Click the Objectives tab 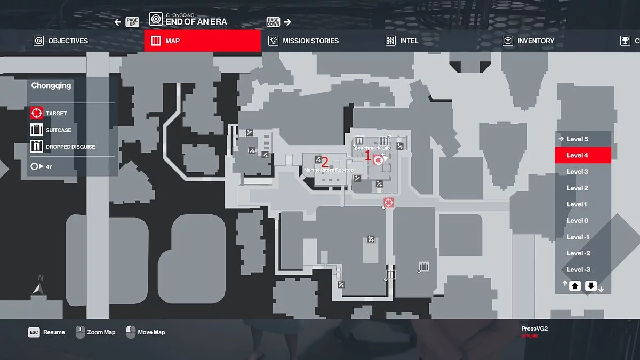pos(61,41)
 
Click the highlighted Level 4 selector pos(582,155)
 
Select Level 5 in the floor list pos(577,139)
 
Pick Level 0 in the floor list pos(577,220)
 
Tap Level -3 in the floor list pos(578,269)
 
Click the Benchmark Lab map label pos(372,147)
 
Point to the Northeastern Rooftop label pos(329,170)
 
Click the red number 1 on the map pos(367,156)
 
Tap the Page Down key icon pos(274,22)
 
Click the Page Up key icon pos(132,22)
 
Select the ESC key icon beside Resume pos(34,332)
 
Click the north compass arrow pos(38,289)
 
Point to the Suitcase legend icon pos(36,130)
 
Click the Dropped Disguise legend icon pos(36,146)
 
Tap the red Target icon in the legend pos(36,113)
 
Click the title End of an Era pos(196,22)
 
